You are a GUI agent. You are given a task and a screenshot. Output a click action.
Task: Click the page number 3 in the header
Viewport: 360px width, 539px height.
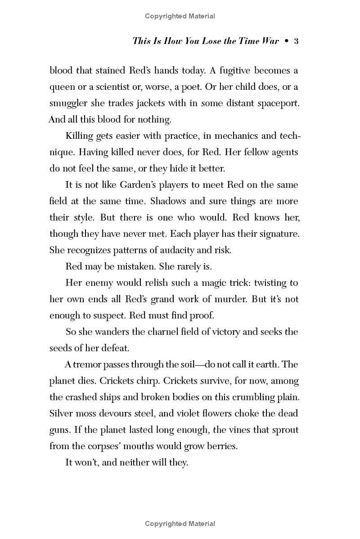[x=296, y=41]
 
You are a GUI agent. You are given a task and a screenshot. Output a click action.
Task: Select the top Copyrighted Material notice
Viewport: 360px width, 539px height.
[x=180, y=16]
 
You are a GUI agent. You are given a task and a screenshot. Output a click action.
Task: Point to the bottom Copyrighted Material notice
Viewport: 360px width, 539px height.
[x=180, y=523]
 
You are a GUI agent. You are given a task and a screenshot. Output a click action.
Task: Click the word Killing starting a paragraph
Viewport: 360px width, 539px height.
[x=80, y=136]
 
